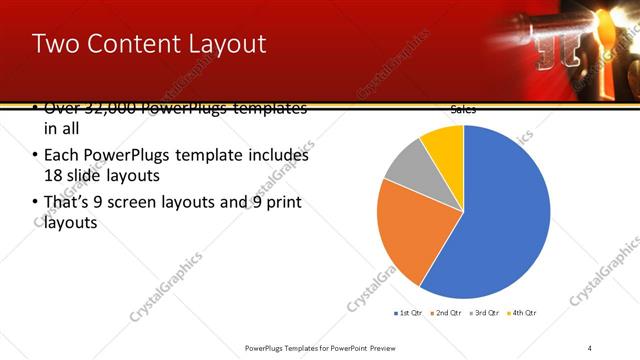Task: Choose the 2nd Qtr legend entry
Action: (x=445, y=313)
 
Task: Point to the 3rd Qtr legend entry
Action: (x=484, y=313)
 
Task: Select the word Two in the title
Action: (x=53, y=44)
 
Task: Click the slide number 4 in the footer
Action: (x=590, y=347)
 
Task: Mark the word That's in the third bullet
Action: (x=69, y=203)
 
